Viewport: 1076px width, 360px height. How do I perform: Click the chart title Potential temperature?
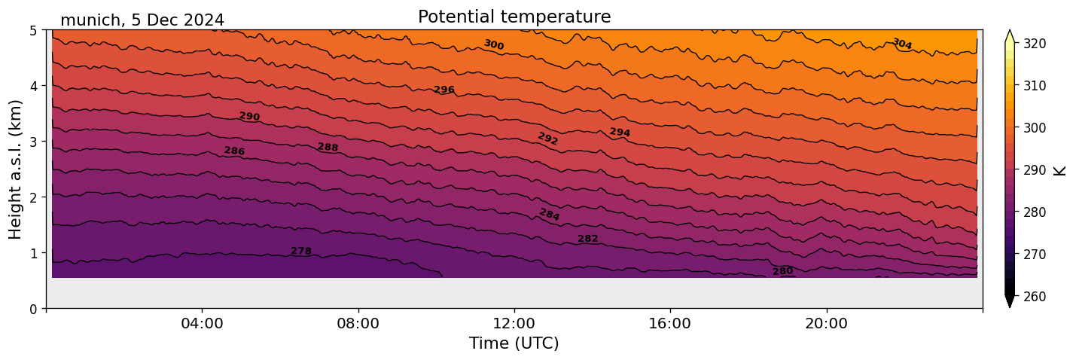point(514,17)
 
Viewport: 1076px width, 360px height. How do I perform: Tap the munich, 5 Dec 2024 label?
point(142,20)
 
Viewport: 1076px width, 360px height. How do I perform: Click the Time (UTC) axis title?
point(514,343)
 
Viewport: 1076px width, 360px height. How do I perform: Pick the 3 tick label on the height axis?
point(34,142)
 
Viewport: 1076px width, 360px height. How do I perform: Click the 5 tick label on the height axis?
point(34,30)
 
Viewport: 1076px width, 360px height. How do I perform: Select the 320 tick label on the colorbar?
point(1034,44)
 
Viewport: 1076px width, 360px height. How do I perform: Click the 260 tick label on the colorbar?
point(1034,297)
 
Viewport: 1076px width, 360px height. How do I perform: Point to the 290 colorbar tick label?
point(1034,170)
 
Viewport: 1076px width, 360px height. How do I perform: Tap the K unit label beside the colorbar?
point(1060,170)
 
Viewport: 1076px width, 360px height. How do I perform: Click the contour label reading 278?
point(301,251)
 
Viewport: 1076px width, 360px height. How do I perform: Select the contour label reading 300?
point(493,45)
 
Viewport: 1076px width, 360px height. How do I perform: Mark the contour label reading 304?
point(901,44)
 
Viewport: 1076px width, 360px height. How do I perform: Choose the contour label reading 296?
point(444,90)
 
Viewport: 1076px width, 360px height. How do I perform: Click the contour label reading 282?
point(588,239)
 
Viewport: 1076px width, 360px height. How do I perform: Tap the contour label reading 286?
point(234,151)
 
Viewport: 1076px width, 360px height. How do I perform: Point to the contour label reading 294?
point(620,133)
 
